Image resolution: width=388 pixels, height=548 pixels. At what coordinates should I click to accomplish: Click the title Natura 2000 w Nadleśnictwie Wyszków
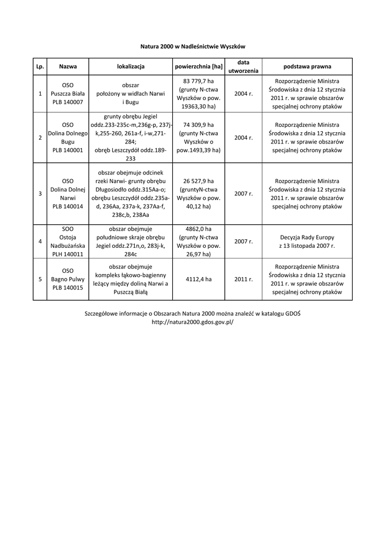[193, 47]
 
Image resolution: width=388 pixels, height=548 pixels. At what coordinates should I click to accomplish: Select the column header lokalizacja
[131, 67]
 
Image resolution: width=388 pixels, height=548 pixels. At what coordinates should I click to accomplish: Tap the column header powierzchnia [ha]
[199, 67]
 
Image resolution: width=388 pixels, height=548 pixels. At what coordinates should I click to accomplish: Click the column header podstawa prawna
[307, 67]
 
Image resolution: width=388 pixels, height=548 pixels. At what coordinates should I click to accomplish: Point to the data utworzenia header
[243, 67]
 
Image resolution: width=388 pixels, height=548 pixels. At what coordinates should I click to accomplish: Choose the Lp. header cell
[40, 67]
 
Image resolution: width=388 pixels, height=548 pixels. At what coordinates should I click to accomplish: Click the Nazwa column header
[68, 67]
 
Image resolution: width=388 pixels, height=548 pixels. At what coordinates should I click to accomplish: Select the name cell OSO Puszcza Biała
[68, 94]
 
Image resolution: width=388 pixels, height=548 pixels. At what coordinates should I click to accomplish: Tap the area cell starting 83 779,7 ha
[199, 94]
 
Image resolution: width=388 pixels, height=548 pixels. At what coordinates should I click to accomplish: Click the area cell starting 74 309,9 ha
[199, 138]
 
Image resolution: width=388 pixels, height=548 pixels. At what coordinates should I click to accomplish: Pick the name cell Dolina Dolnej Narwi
[68, 194]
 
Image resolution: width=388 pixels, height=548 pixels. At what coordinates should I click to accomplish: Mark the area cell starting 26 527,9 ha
[199, 194]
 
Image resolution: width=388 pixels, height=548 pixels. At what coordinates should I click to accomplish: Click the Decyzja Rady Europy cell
[307, 241]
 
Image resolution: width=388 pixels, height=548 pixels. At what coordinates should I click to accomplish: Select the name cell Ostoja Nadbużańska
[68, 241]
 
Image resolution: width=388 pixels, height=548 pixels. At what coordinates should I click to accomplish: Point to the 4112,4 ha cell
[199, 279]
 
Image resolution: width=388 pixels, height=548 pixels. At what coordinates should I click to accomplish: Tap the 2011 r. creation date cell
[243, 279]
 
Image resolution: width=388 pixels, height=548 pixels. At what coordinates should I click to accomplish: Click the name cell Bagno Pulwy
[68, 279]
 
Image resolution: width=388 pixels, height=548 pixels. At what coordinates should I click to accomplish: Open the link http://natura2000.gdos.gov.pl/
[193, 322]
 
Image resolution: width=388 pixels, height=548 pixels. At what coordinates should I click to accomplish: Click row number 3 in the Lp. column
[40, 194]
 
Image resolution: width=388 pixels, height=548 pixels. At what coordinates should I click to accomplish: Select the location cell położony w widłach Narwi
[131, 94]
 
